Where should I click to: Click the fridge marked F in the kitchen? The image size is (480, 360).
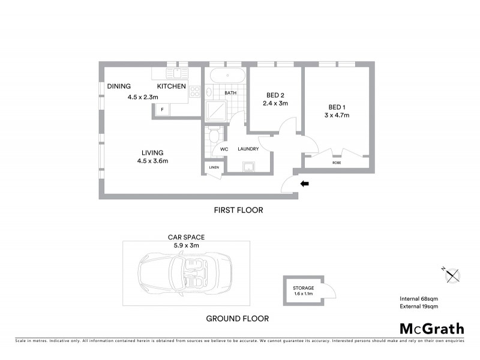[x=162, y=109]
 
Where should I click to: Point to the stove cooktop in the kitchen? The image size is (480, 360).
[x=195, y=92]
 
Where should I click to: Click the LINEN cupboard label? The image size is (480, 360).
[x=214, y=168]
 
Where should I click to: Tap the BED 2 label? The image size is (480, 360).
[x=275, y=95]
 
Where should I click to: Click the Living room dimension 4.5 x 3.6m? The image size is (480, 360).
[x=152, y=161]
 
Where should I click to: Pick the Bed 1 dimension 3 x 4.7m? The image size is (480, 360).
[x=337, y=115]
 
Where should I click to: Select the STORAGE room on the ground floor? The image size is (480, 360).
[x=304, y=291]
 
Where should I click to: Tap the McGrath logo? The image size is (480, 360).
[x=432, y=328]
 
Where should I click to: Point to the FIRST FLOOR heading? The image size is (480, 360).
[x=239, y=211]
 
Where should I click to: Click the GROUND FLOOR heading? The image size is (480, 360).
[x=237, y=319]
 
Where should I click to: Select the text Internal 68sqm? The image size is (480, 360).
[x=419, y=299]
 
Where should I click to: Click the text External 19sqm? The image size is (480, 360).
[x=419, y=307]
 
